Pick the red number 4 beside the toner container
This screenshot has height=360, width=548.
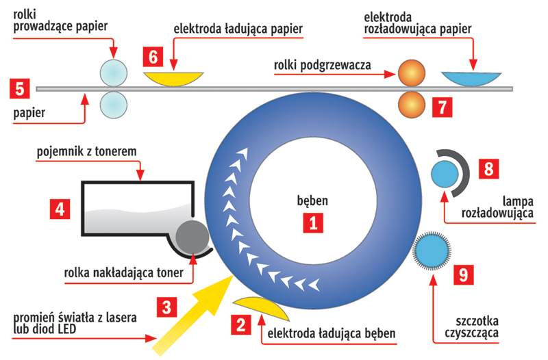tap(60, 207)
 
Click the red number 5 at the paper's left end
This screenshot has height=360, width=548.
tap(19, 88)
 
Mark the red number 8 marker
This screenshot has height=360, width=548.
tap(489, 168)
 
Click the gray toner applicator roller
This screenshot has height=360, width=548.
tap(192, 237)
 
